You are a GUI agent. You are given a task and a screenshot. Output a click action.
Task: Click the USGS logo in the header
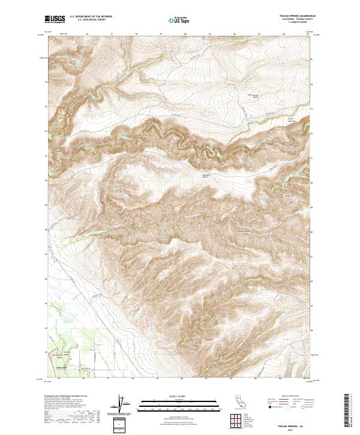(x=55, y=19)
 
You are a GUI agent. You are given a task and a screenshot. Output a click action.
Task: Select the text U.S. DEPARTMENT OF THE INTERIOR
(x=91, y=17)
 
